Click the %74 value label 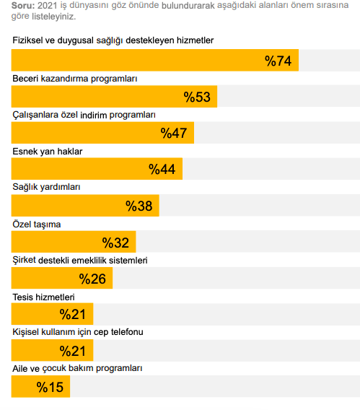pyautogui.click(x=278, y=61)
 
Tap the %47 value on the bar pyautogui.click(x=174, y=133)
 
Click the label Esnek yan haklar pyautogui.click(x=48, y=152)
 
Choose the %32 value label pyautogui.click(x=115, y=243)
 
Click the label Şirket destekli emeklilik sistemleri pyautogui.click(x=80, y=260)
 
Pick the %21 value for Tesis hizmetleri pyautogui.click(x=73, y=314)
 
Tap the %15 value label pyautogui.click(x=50, y=388)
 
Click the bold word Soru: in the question pyautogui.click(x=23, y=5)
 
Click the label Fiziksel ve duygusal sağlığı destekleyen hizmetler pyautogui.click(x=113, y=40)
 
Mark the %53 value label pyautogui.click(x=197, y=97)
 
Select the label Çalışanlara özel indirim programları pyautogui.click(x=84, y=115)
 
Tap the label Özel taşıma pyautogui.click(x=37, y=224)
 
